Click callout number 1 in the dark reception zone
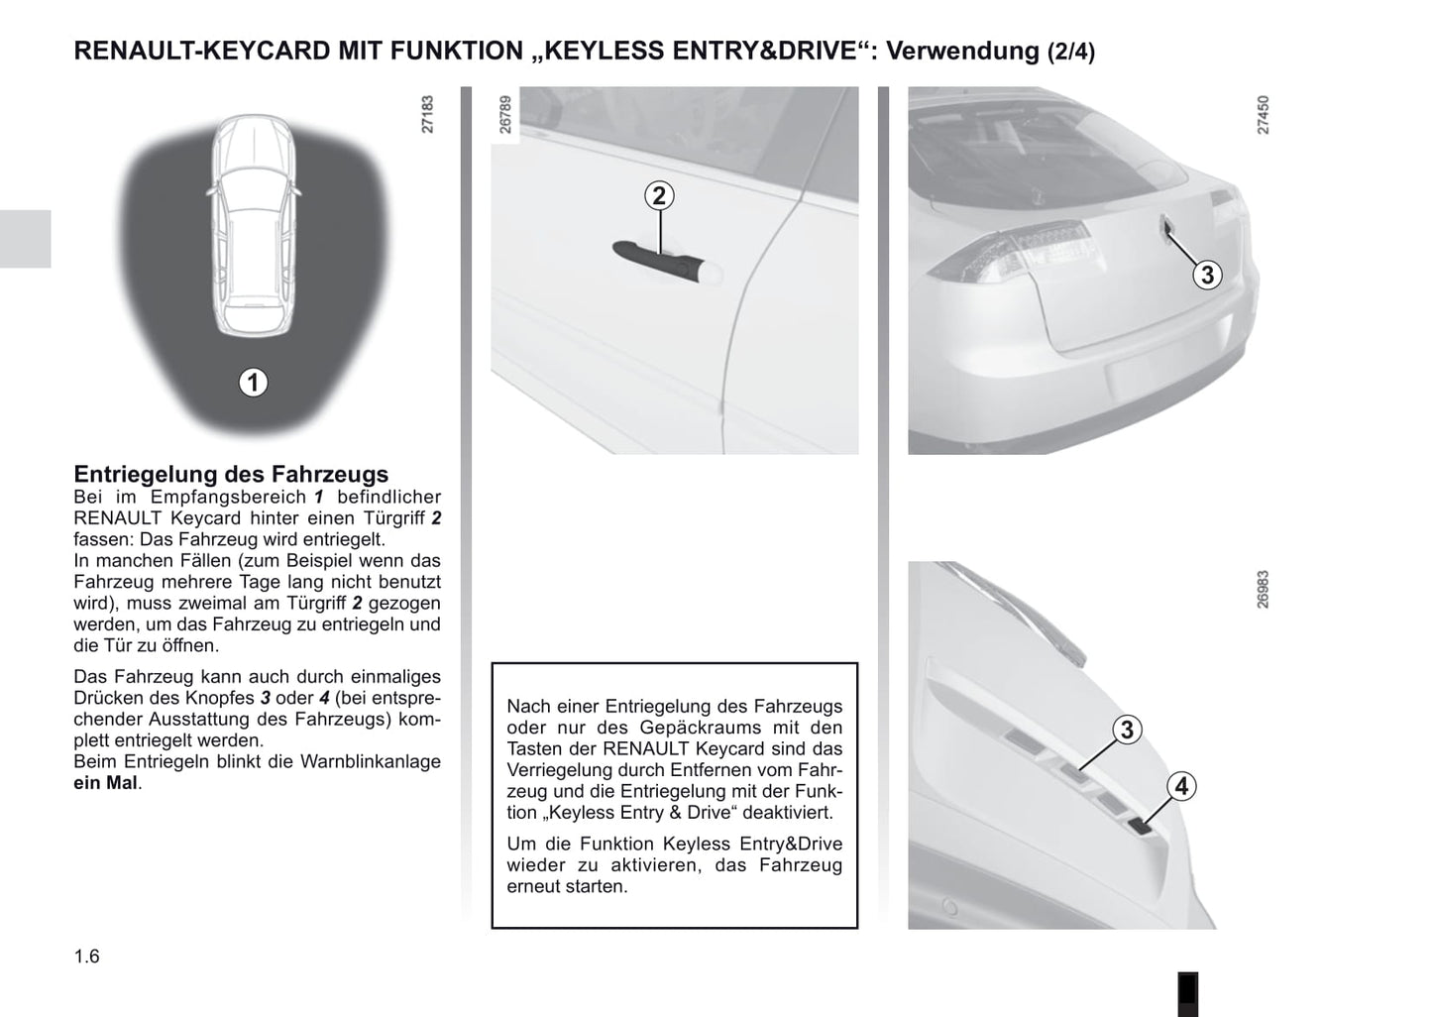pyautogui.click(x=253, y=382)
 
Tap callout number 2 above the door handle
pyautogui.click(x=659, y=196)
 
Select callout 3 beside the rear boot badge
pyautogui.click(x=1206, y=275)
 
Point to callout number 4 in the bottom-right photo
pyautogui.click(x=1181, y=787)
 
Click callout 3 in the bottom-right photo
pyautogui.click(x=1127, y=731)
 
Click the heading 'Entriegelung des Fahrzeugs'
pyautogui.click(x=231, y=474)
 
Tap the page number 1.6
pyautogui.click(x=87, y=957)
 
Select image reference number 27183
pyautogui.click(x=428, y=115)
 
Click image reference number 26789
pyautogui.click(x=505, y=115)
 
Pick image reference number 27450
pyautogui.click(x=1263, y=115)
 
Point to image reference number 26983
pyautogui.click(x=1263, y=589)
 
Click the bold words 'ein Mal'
pyautogui.click(x=106, y=783)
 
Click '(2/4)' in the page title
pyautogui.click(x=1070, y=53)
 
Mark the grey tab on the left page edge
pyautogui.click(x=25, y=239)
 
